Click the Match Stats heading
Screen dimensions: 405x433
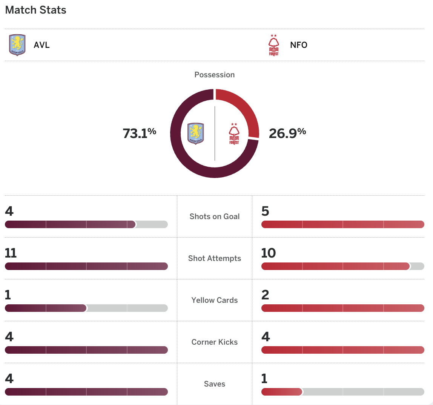[x=36, y=10]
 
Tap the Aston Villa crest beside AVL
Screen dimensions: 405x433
[x=17, y=45]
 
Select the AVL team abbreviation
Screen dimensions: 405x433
[x=41, y=45]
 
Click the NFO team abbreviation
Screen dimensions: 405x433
[x=299, y=45]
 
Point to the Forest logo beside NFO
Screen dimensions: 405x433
[x=274, y=45]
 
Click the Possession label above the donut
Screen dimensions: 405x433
[x=215, y=75]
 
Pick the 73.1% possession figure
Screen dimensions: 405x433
[x=139, y=133]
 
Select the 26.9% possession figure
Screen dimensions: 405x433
[x=287, y=133]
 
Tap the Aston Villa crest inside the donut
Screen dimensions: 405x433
[x=195, y=133]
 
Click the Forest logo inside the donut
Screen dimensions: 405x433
[x=234, y=134]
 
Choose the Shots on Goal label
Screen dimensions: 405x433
[x=215, y=216]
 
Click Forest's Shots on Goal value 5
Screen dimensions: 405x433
[x=265, y=211]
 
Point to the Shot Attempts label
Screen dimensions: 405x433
[x=215, y=258]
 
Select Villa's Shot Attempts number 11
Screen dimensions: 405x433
[x=11, y=253]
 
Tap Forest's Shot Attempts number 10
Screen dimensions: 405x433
[x=269, y=253]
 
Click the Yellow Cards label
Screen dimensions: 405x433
[x=215, y=300]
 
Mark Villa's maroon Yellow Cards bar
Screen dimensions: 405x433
[x=46, y=308]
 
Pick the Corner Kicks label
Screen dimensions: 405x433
[x=215, y=342]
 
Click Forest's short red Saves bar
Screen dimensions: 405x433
[x=282, y=392]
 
